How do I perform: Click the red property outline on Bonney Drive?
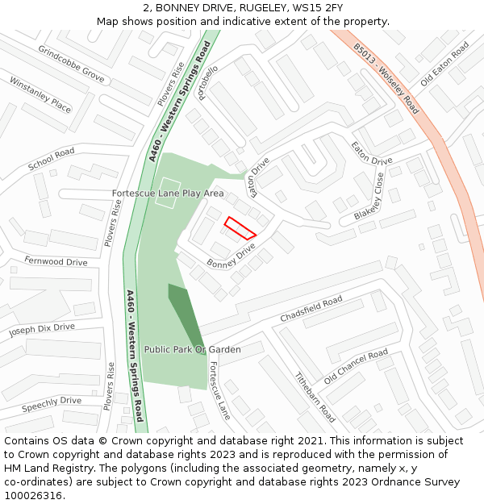point(240,228)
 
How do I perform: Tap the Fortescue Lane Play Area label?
point(168,194)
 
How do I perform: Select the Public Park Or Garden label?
point(192,350)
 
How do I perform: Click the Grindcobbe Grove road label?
point(71,64)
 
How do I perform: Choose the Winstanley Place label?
point(40,94)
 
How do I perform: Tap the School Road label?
point(51,159)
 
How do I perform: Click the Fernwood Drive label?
point(56,261)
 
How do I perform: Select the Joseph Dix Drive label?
point(42,329)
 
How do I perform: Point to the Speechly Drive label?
point(52,401)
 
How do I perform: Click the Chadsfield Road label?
point(311,309)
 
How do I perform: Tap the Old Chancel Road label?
point(356,367)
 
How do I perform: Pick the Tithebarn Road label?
point(315,397)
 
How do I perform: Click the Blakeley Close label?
point(369,196)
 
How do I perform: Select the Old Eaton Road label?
point(444,65)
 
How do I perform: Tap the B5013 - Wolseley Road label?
point(387,78)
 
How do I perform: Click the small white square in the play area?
point(167,193)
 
